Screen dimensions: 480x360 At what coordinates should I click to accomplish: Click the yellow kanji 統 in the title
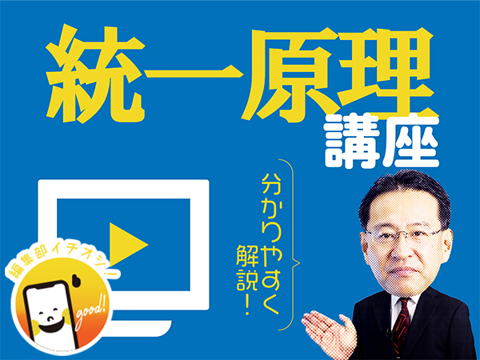(95, 74)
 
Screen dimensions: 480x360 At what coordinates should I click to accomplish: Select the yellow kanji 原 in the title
(291, 74)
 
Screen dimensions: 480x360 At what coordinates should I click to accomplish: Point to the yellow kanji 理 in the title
(387, 73)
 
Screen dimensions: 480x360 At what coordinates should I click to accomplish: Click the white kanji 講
(353, 141)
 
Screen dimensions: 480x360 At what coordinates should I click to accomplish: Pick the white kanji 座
(411, 141)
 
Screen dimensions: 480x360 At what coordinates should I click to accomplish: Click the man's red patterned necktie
(401, 327)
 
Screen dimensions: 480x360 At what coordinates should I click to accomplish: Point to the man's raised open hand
(329, 333)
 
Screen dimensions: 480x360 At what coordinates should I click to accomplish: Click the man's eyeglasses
(404, 236)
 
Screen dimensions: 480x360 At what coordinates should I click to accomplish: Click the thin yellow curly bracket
(292, 245)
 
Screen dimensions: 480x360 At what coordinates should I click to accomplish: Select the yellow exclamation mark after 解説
(246, 306)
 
